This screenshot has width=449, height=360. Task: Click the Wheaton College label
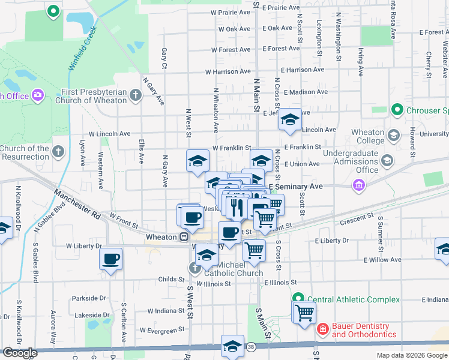tap(368, 137)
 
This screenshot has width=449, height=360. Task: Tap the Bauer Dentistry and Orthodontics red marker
tap(322, 329)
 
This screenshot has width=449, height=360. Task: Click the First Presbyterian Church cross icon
tap(136, 94)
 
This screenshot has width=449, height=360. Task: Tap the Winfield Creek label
tap(82, 49)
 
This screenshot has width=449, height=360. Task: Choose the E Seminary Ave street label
tap(296, 187)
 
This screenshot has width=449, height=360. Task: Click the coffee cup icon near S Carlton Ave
tap(111, 259)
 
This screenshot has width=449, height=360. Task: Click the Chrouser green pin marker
tap(396, 110)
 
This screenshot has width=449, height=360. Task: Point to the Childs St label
tap(172, 279)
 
